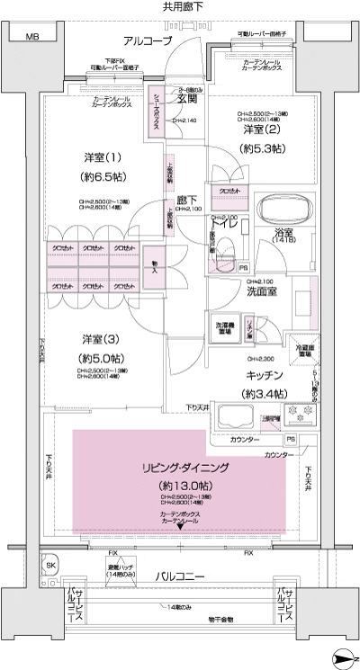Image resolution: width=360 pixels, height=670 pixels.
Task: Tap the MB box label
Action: pos(32,37)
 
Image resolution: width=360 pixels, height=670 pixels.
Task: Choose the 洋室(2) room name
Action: pos(260,130)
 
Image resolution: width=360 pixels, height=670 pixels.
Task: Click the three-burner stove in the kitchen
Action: pos(298,415)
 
